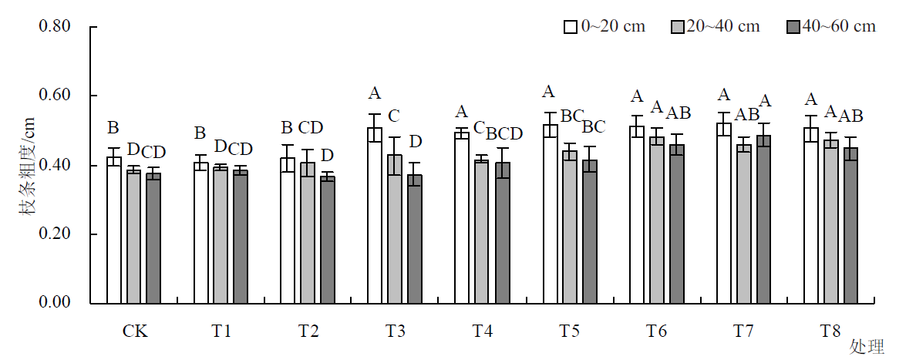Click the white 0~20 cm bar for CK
coord(114,230)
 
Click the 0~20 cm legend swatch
coord(571,27)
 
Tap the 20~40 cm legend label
coord(722,27)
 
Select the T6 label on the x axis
coord(657,331)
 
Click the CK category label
coord(135,331)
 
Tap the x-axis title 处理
coord(868,347)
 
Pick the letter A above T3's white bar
coord(375,94)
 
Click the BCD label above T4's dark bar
coord(505,133)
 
